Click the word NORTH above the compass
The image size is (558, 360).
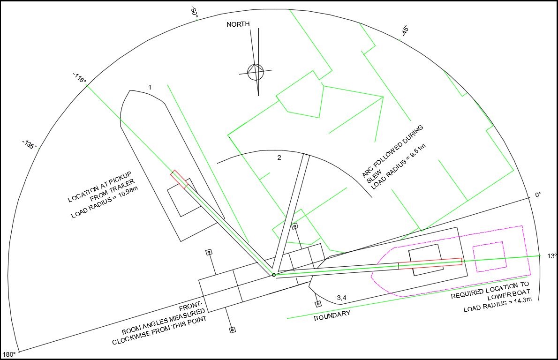tap(238, 24)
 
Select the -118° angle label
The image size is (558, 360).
tap(80, 77)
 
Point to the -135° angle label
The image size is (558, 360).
tap(30, 144)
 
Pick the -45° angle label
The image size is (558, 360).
tap(405, 30)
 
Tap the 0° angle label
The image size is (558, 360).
tap(538, 195)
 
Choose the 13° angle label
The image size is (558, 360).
tap(551, 256)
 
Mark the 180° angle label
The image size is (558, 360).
tap(9, 354)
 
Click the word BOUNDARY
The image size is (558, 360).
tap(332, 315)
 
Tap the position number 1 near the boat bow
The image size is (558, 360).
tap(150, 87)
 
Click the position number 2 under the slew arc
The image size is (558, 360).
tap(279, 157)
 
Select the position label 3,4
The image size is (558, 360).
tap(342, 298)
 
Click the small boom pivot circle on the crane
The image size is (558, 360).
tap(274, 275)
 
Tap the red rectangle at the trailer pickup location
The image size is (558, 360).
tap(180, 179)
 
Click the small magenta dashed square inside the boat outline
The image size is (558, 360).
tap(488, 257)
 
